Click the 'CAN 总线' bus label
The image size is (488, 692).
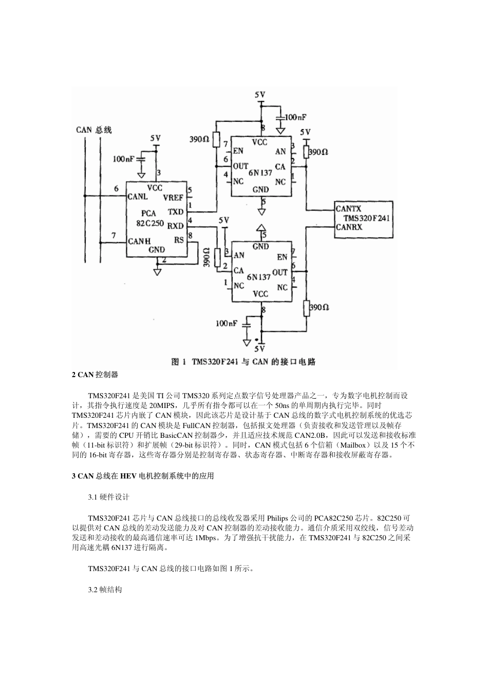(94, 130)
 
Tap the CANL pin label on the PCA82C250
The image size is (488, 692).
(138, 196)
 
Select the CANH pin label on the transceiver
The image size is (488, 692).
(139, 240)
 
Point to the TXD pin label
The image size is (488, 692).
(175, 211)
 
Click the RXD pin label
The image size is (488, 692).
(175, 225)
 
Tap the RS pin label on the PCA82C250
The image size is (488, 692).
(179, 240)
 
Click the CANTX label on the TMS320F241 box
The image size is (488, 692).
(348, 208)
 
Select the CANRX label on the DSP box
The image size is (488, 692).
(349, 227)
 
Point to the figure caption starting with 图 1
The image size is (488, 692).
(243, 362)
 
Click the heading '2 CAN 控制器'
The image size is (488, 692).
(95, 375)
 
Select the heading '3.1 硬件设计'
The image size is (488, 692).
(109, 497)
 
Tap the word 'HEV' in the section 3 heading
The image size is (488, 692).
(128, 476)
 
